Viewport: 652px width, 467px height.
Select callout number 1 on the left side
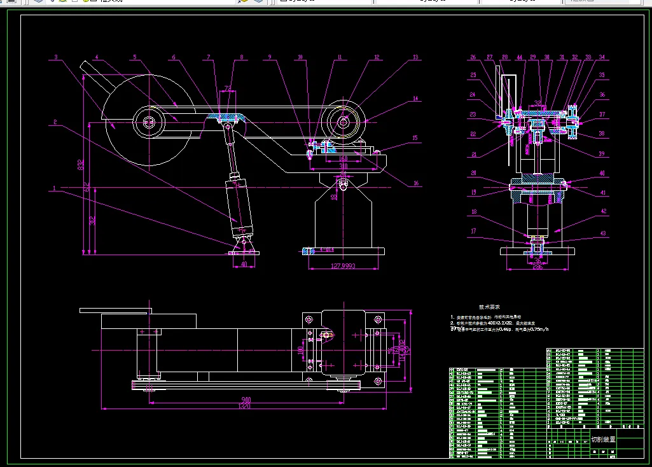coord(55,188)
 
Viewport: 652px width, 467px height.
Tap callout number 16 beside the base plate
coord(416,184)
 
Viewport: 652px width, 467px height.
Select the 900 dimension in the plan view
coord(244,399)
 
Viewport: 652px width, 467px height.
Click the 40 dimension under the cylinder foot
coord(243,263)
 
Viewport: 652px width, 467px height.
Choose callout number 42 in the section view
coord(603,211)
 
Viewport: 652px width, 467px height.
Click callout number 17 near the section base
coord(473,232)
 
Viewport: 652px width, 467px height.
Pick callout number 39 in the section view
coord(602,153)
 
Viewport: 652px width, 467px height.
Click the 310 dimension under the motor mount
coord(344,166)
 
